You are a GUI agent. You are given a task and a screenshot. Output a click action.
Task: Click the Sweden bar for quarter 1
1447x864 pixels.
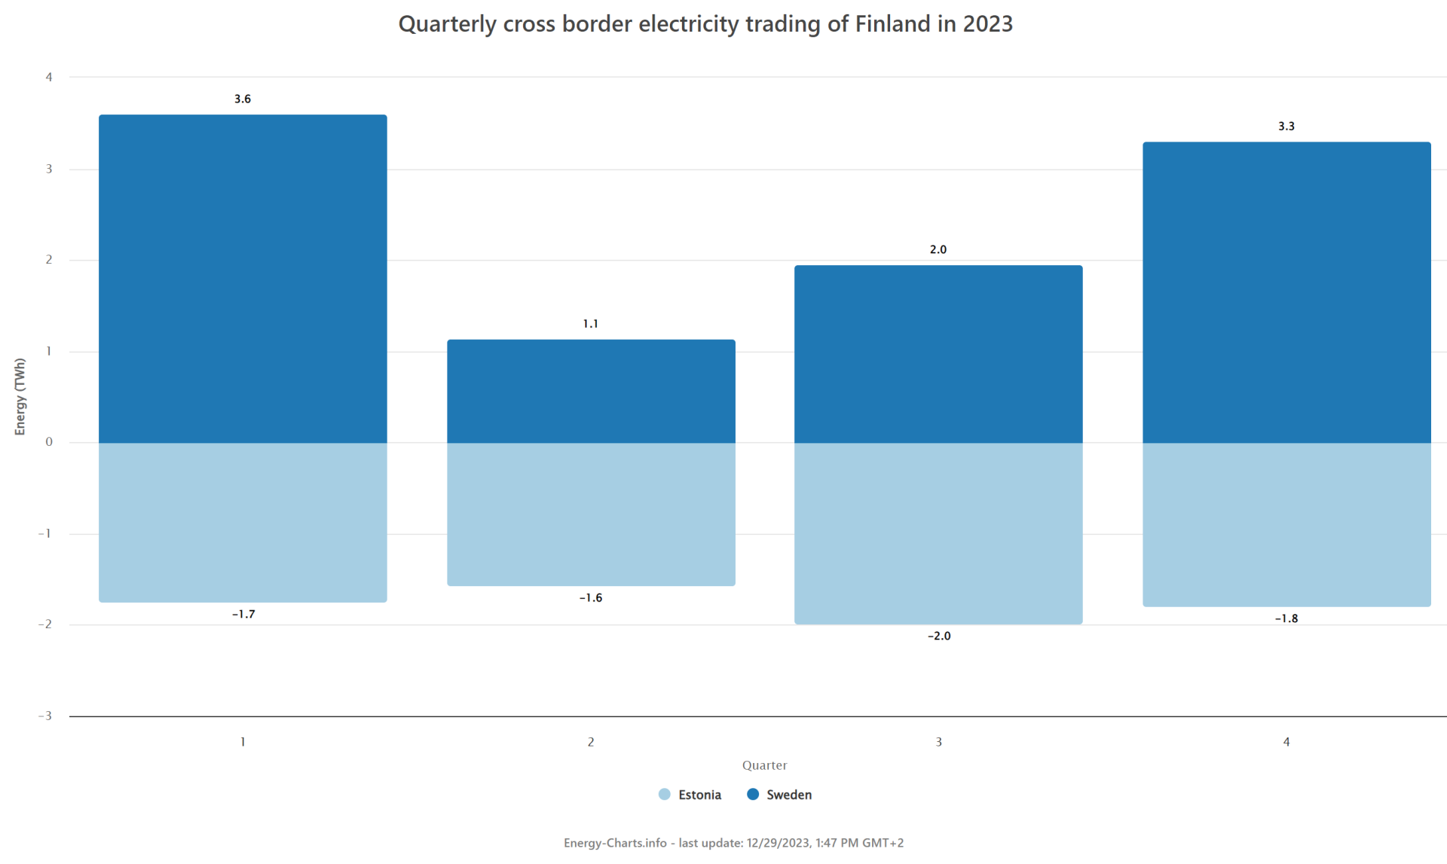pyautogui.click(x=243, y=279)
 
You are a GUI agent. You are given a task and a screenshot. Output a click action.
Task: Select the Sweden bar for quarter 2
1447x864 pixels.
pyautogui.click(x=591, y=391)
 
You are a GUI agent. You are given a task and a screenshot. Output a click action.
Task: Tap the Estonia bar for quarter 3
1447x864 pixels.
pyautogui.click(x=938, y=533)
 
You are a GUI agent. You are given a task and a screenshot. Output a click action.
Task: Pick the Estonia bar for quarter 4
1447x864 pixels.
pyautogui.click(x=1286, y=524)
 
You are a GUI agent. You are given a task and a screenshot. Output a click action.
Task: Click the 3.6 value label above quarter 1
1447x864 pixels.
pyautogui.click(x=243, y=99)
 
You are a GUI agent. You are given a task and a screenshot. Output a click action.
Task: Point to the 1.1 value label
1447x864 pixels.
pyautogui.click(x=590, y=324)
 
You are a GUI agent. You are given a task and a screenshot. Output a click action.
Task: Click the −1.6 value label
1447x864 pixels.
pyautogui.click(x=591, y=598)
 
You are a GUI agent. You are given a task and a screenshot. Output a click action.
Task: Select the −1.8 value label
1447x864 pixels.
pyautogui.click(x=1286, y=618)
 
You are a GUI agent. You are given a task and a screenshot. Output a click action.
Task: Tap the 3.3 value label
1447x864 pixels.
pyautogui.click(x=1286, y=127)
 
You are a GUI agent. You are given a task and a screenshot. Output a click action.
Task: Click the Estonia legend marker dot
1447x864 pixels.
pyautogui.click(x=664, y=795)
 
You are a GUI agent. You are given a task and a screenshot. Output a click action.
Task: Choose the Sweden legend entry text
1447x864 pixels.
pyautogui.click(x=789, y=795)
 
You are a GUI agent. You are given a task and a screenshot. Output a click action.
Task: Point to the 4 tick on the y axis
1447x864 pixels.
pyautogui.click(x=49, y=77)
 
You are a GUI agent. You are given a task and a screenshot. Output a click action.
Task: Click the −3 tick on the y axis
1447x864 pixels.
pyautogui.click(x=45, y=716)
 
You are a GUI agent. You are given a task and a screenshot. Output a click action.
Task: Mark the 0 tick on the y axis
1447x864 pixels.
pyautogui.click(x=49, y=442)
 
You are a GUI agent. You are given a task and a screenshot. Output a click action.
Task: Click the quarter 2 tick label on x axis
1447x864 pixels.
pyautogui.click(x=591, y=742)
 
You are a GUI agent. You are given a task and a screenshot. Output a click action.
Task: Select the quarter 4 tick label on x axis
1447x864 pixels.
pyautogui.click(x=1286, y=742)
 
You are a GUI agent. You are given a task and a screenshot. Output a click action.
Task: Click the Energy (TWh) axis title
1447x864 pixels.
pyautogui.click(x=20, y=396)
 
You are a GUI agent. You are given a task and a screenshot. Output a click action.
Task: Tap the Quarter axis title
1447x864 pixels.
pyautogui.click(x=764, y=765)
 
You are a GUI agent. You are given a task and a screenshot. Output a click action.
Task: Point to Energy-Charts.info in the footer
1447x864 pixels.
pyautogui.click(x=615, y=843)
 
